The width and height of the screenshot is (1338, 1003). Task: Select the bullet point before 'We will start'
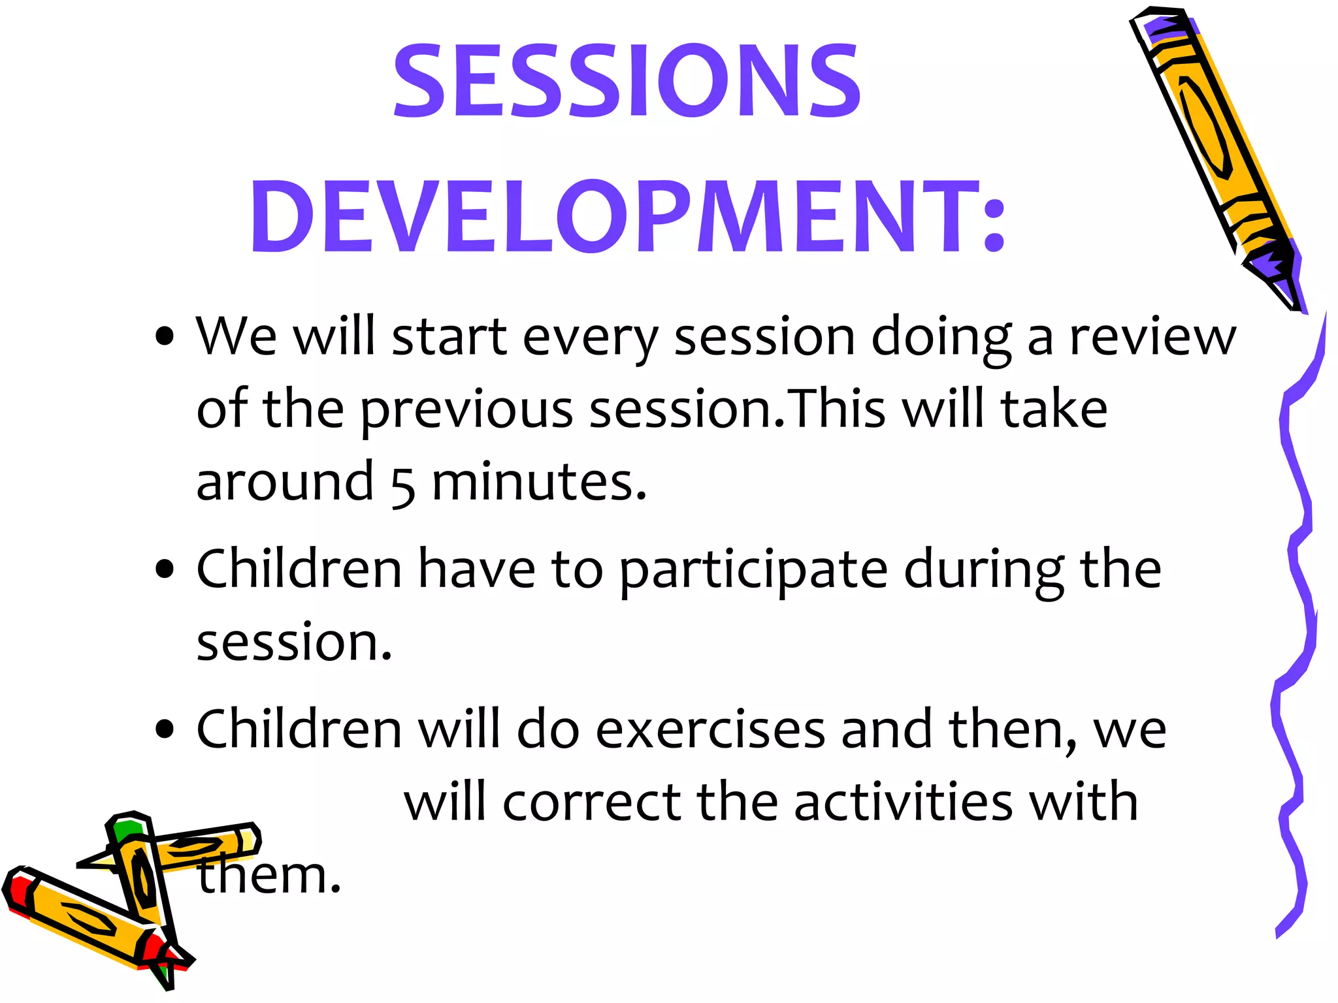(165, 337)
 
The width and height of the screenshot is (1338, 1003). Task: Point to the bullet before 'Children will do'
(165, 729)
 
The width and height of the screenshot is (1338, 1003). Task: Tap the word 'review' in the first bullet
(1152, 337)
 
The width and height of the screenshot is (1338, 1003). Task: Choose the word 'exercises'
(710, 729)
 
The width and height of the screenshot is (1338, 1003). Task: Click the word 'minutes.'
(539, 483)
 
